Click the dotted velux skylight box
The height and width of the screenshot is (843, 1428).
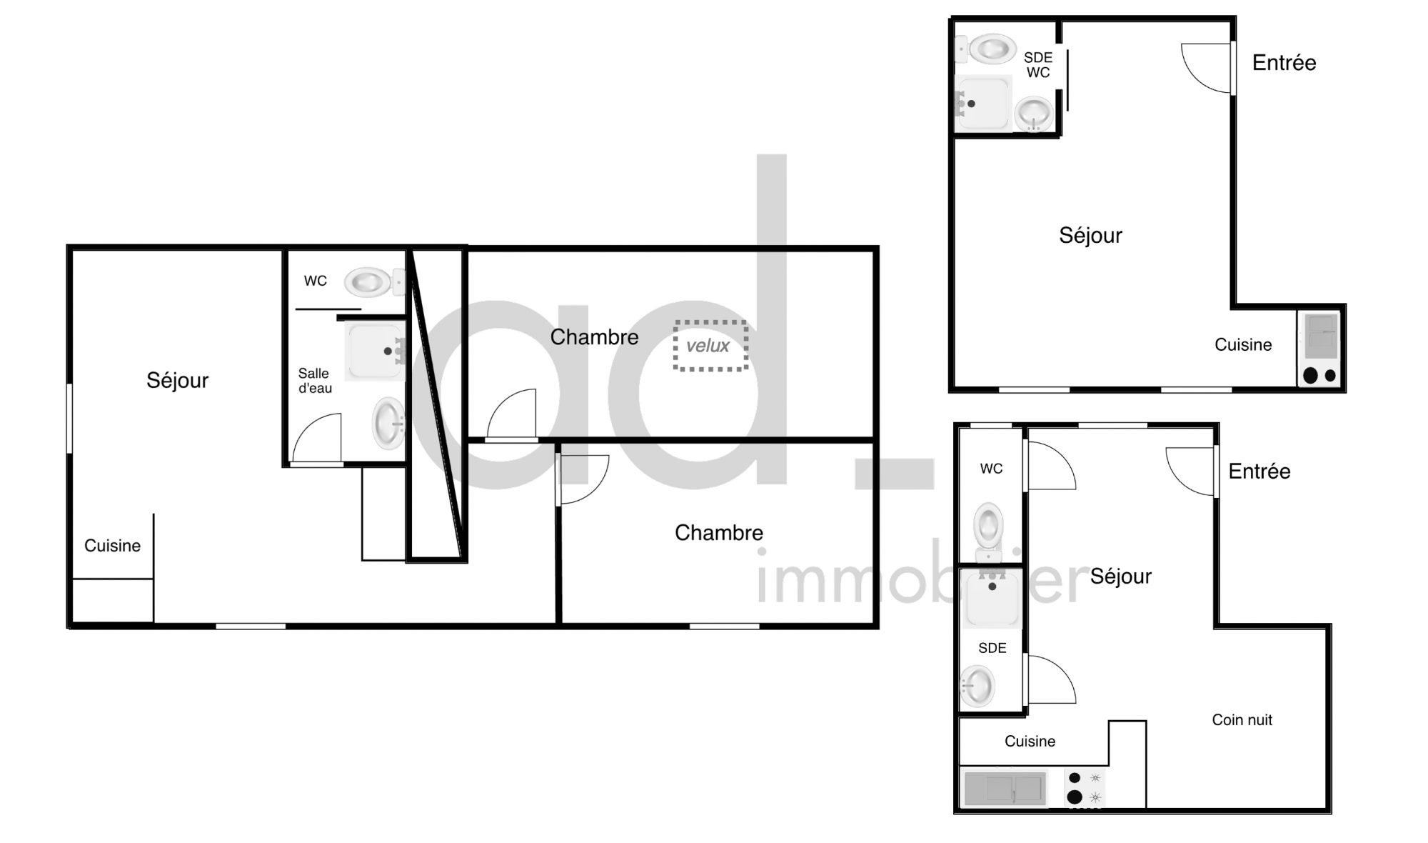(x=711, y=346)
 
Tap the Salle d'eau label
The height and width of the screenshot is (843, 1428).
(x=314, y=381)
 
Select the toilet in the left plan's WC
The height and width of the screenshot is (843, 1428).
(x=374, y=282)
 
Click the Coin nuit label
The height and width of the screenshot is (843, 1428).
(x=1242, y=719)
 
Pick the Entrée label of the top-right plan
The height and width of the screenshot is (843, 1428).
(x=1284, y=63)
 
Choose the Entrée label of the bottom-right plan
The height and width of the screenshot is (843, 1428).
(x=1259, y=472)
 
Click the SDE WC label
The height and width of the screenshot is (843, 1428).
(x=1038, y=65)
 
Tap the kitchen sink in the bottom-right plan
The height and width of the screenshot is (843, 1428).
(x=1005, y=789)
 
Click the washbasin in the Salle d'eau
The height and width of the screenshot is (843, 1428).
(x=389, y=423)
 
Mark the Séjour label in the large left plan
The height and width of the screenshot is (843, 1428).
(x=177, y=380)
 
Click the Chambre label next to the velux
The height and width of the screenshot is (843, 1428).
(x=594, y=337)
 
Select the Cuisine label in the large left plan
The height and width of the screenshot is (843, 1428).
(x=112, y=546)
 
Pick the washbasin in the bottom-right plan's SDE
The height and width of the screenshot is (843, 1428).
(x=977, y=686)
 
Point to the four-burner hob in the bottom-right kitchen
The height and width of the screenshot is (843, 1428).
(x=1084, y=788)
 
